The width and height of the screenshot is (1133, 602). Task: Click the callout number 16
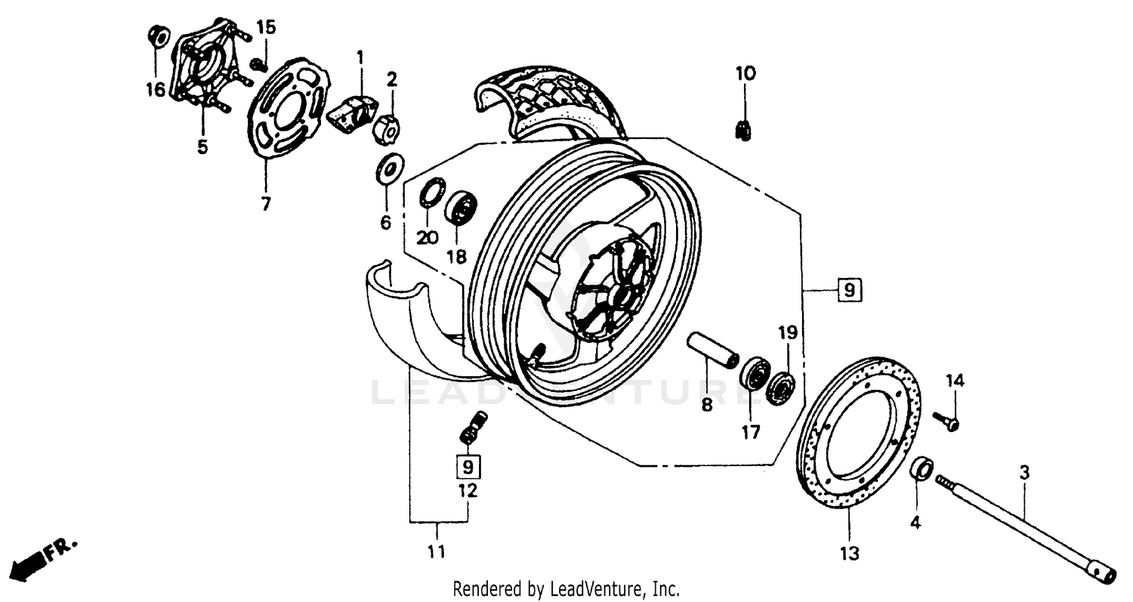[155, 91]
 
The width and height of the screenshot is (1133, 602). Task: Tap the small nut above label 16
[158, 35]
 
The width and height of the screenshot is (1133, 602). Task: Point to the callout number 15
[266, 27]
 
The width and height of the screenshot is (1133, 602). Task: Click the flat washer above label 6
[390, 169]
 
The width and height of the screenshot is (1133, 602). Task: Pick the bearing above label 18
[460, 207]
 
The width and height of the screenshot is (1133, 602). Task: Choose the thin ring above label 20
[432, 192]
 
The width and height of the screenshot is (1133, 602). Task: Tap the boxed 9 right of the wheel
[849, 290]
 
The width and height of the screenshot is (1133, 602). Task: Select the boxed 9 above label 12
[468, 466]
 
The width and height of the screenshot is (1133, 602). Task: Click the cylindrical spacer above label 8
[712, 350]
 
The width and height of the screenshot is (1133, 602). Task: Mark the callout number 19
[788, 332]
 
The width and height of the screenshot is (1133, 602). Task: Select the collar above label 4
[922, 468]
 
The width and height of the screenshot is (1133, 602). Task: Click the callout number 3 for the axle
[1023, 473]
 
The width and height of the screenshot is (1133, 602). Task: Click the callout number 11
[436, 552]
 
